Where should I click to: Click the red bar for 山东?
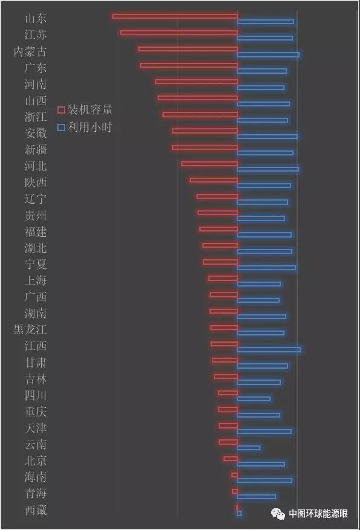pos(175,16)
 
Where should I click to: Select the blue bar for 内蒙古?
pos(268,55)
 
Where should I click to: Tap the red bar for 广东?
pos(189,65)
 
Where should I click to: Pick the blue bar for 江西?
pos(269,349)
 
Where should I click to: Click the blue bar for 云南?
pos(248,448)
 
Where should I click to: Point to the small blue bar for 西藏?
pos(239,514)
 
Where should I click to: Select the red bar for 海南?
pos(235,475)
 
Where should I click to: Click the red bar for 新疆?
pos(205,147)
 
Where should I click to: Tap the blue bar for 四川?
pos(254,399)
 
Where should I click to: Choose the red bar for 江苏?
pos(179,33)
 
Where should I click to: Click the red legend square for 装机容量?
pos(61,110)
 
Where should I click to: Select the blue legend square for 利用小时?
pos(61,128)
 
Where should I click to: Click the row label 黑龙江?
pos(30,329)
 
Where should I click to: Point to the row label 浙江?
pos(36,117)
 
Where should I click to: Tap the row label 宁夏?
pos(36,264)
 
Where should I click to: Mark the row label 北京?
pos(36,461)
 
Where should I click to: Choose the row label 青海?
pos(36,493)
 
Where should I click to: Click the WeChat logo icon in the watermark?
pos(278,514)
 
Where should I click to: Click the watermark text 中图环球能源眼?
pos(318,514)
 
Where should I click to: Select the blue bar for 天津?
pos(265,431)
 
